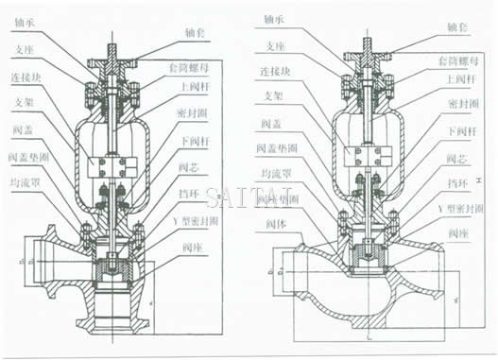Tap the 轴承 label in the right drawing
pos(272,18)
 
